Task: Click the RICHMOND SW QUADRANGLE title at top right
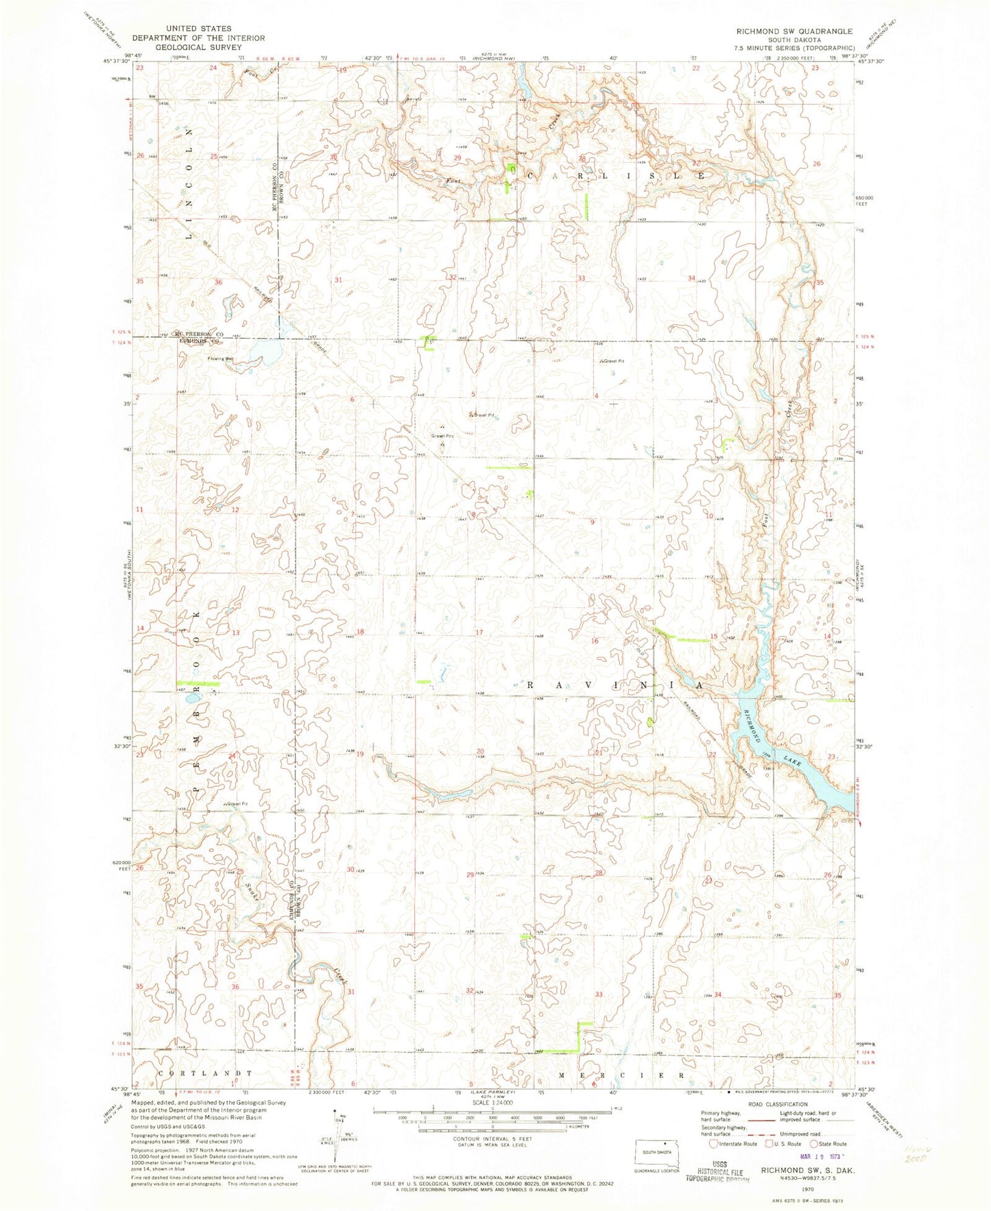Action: click(793, 31)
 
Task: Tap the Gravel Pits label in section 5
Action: click(442, 436)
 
